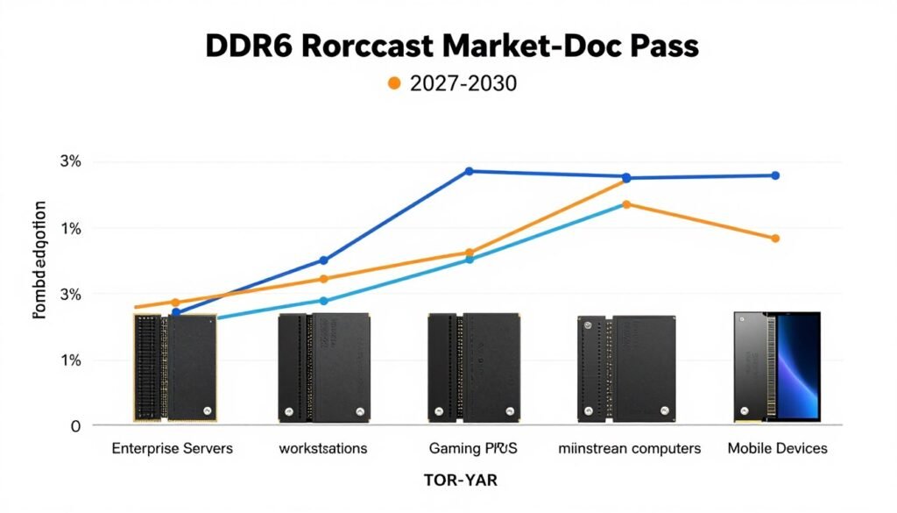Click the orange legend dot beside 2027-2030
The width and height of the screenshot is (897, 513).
click(x=393, y=84)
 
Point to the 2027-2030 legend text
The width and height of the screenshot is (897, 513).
click(x=463, y=84)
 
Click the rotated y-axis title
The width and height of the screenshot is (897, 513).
click(x=39, y=260)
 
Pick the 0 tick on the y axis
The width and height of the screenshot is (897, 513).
click(x=75, y=426)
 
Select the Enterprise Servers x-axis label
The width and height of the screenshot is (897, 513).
click(x=172, y=449)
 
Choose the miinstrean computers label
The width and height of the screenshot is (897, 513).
click(x=629, y=449)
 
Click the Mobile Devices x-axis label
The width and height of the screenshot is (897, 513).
click(x=777, y=449)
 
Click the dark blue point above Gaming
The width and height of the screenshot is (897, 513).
click(x=469, y=171)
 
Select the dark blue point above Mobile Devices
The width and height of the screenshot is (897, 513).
click(x=775, y=175)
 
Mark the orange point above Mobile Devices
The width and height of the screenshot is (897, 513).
click(x=775, y=239)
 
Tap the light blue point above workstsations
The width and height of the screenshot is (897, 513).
click(x=323, y=301)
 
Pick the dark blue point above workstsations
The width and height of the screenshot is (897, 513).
click(x=323, y=260)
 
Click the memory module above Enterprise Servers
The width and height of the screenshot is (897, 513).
click(x=175, y=367)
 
